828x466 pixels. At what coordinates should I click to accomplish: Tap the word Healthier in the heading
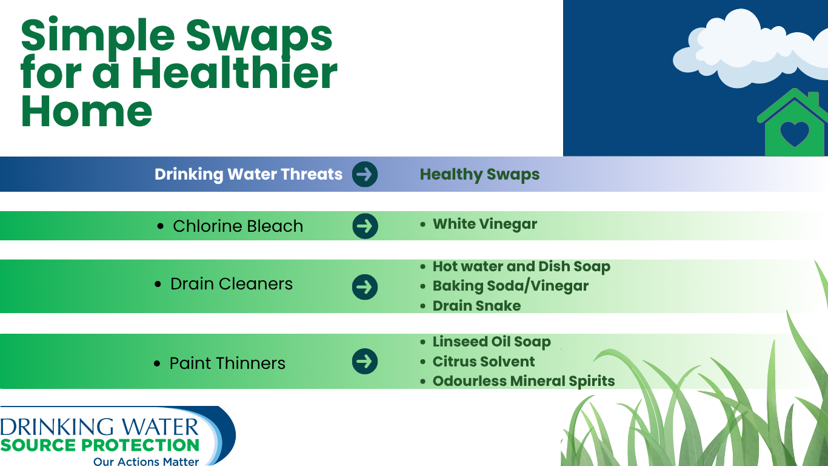pos(233,73)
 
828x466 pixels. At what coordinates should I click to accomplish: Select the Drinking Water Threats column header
pos(249,174)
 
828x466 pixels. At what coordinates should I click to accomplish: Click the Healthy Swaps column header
pos(479,174)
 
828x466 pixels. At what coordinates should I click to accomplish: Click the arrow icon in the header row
pos(365,174)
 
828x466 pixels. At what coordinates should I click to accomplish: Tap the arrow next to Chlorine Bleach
pos(366,226)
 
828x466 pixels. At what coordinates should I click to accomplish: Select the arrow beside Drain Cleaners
pos(365,287)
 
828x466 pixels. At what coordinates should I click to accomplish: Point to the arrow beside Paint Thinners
pos(365,361)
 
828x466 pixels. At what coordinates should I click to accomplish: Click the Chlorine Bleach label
pos(238,226)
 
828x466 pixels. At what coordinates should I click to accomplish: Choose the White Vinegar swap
pos(484,225)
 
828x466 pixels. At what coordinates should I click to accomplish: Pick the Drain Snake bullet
pos(476,306)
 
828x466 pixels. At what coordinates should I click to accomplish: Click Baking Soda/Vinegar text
pos(510,286)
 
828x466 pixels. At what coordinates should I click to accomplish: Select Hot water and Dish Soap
pos(521,266)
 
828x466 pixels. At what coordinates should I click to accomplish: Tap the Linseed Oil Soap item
pos(492,342)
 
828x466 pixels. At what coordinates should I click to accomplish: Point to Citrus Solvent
pos(484,362)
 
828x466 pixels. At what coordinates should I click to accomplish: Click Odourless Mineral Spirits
pos(524,381)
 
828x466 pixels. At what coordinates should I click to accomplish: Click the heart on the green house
pos(795,134)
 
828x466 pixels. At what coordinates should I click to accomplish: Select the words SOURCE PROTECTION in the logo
pos(100,445)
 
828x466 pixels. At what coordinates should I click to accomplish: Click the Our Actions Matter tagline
pos(146,461)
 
